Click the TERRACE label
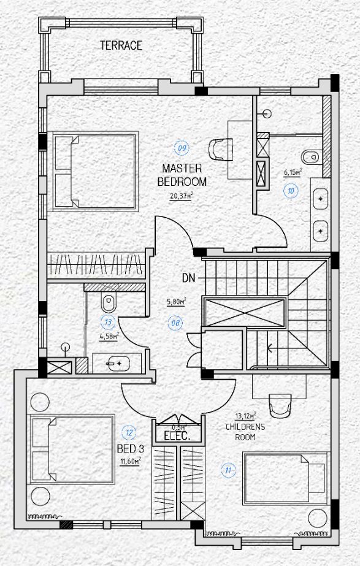pyautogui.click(x=121, y=45)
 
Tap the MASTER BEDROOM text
pyautogui.click(x=182, y=175)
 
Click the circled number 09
pyautogui.click(x=182, y=148)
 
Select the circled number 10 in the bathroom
pyautogui.click(x=291, y=191)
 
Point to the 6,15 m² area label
pyautogui.click(x=293, y=173)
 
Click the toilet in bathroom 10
pyautogui.click(x=310, y=156)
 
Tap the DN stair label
pyautogui.click(x=188, y=278)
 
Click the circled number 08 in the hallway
pyautogui.click(x=175, y=323)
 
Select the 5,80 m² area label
pyautogui.click(x=176, y=302)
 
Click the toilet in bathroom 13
pyautogui.click(x=109, y=302)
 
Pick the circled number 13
pyautogui.click(x=108, y=323)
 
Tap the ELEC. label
pyautogui.click(x=177, y=436)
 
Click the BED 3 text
pyautogui.click(x=131, y=449)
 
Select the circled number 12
pyautogui.click(x=129, y=432)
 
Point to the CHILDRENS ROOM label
pyautogui.click(x=245, y=432)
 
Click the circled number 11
pyautogui.click(x=228, y=470)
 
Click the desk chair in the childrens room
pyautogui.click(x=280, y=405)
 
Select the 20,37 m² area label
pyautogui.click(x=182, y=196)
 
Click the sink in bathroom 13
pyautogui.click(x=118, y=364)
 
